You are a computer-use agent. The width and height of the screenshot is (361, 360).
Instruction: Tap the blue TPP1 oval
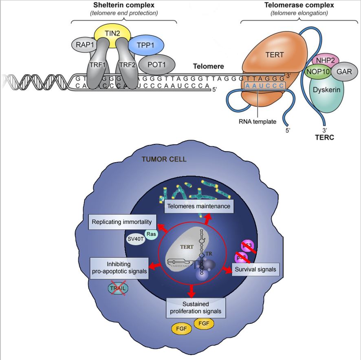145,45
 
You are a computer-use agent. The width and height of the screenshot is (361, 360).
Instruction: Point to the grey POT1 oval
157,64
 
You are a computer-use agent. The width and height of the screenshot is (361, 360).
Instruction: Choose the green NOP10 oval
318,73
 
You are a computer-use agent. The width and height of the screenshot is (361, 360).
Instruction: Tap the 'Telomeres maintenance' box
199,206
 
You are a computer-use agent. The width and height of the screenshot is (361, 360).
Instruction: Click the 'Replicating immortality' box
123,222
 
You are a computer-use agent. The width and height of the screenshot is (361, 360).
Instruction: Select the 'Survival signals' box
255,269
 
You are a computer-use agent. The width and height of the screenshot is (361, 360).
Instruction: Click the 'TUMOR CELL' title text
164,159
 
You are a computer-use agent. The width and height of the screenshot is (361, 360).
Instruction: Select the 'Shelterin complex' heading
124,5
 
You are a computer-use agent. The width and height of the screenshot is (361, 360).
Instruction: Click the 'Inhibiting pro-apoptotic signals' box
119,267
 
